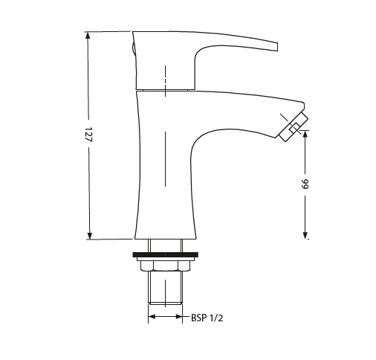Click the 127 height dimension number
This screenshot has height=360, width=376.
pos(88,135)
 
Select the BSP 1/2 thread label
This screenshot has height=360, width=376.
pos(207,318)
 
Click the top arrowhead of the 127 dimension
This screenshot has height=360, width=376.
pos(88,35)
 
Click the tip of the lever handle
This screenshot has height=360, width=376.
pos(276,46)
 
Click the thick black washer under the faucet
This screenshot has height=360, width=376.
pos(166,255)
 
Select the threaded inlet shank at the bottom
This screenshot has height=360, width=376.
pos(166,290)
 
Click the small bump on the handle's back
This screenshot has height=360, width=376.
pos(133,49)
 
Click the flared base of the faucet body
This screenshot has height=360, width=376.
pos(166,227)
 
